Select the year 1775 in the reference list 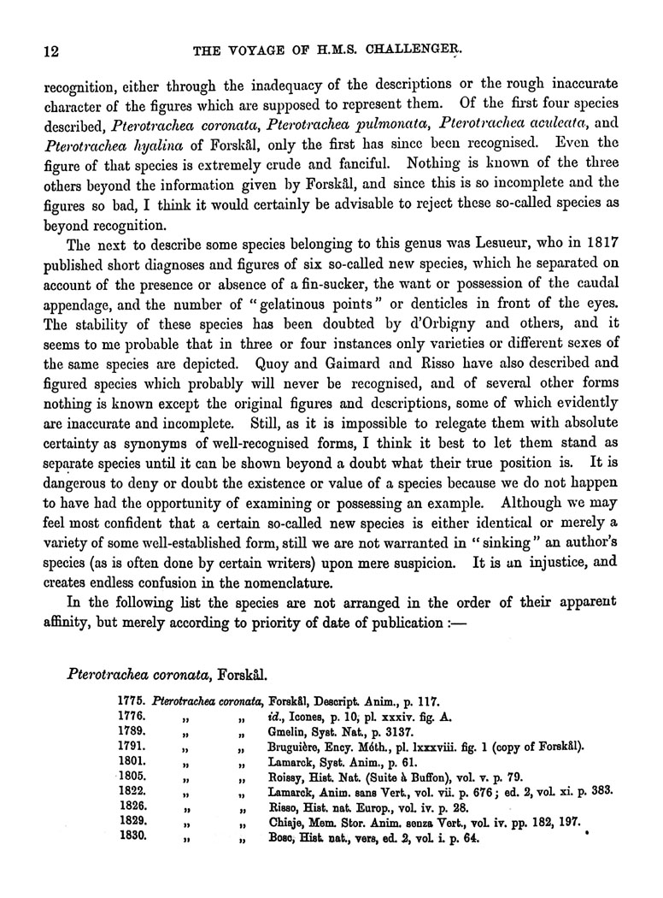tap(130, 700)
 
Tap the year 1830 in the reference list tap(130, 839)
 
